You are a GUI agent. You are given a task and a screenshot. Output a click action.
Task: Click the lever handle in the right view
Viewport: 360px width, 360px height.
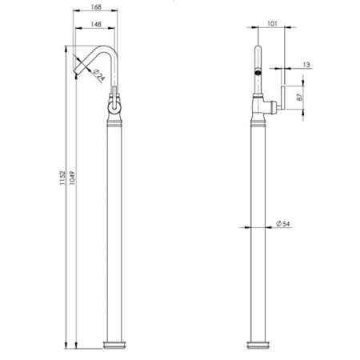(x=283, y=98)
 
